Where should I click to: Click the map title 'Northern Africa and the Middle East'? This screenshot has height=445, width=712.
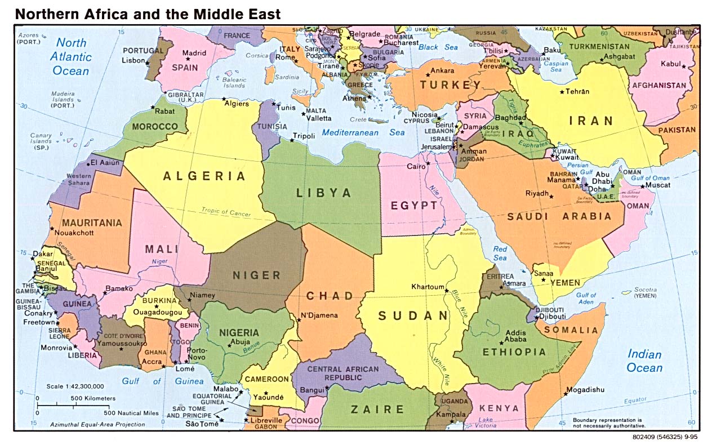pyautogui.click(x=148, y=14)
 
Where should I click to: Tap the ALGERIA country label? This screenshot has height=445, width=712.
pyautogui.click(x=204, y=176)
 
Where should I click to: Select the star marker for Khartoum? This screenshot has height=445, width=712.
pyautogui.click(x=447, y=291)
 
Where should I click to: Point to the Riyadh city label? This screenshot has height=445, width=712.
pyautogui.click(x=537, y=193)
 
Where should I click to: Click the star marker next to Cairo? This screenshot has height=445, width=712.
pyautogui.click(x=428, y=163)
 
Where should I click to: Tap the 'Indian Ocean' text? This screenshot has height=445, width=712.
pyautogui.click(x=645, y=361)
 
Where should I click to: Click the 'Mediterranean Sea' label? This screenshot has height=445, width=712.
pyautogui.click(x=363, y=133)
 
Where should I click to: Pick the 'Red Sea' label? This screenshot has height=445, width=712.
pyautogui.click(x=500, y=253)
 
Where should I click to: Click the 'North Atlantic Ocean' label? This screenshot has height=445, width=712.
pyautogui.click(x=71, y=56)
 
